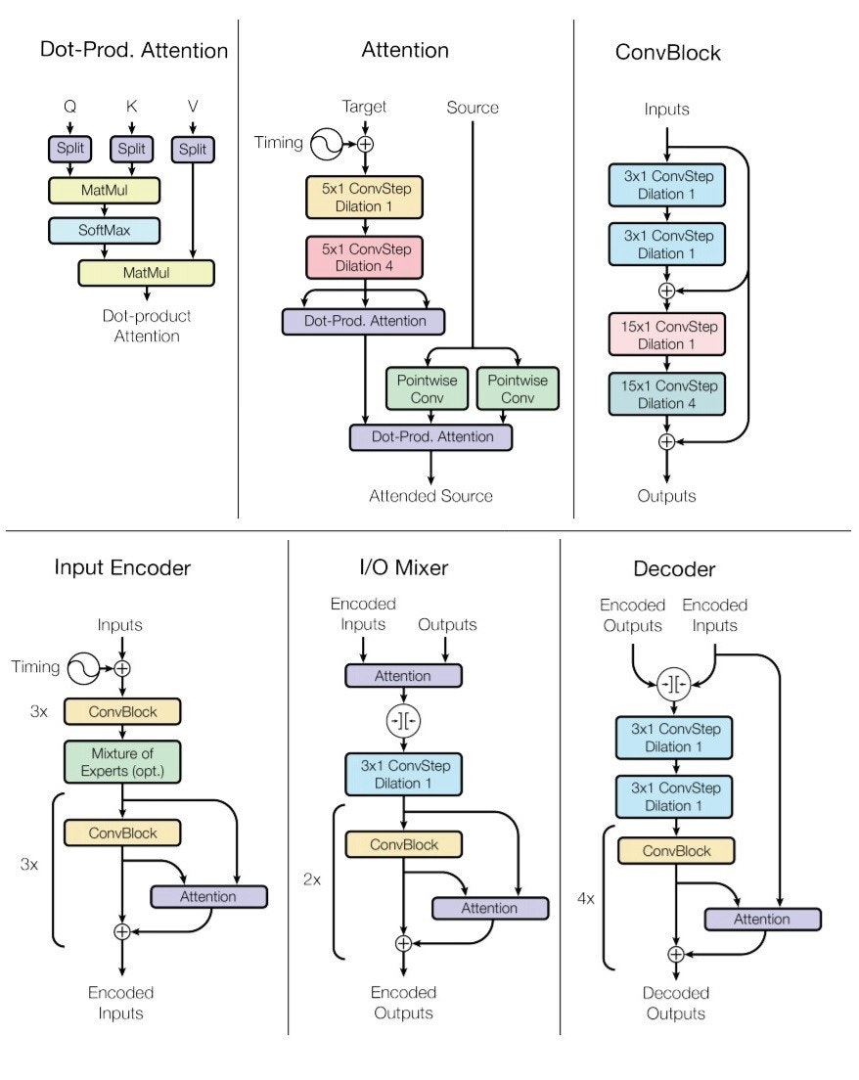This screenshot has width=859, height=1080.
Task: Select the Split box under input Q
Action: (x=69, y=150)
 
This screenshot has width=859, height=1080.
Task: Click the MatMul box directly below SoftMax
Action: (x=146, y=272)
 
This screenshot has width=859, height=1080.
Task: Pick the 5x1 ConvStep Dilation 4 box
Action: (x=365, y=256)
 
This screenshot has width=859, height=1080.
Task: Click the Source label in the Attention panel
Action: (x=473, y=107)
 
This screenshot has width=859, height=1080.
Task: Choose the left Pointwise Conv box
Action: (x=428, y=388)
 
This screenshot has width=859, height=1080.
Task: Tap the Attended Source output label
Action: (x=430, y=496)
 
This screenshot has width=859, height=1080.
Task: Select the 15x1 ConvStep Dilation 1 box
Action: (x=666, y=335)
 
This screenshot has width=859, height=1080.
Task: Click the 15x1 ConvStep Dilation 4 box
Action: (x=666, y=394)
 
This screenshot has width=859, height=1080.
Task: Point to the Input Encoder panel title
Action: (x=122, y=568)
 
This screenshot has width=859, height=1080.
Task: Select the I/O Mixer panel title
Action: (x=403, y=568)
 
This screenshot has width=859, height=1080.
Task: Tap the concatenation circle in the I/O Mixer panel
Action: (x=402, y=721)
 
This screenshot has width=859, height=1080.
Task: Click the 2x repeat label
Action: (x=312, y=879)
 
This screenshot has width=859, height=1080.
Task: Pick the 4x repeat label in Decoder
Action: (x=586, y=897)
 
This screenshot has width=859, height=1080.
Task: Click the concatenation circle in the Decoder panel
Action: (x=675, y=683)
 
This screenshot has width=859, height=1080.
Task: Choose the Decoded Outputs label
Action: (x=675, y=1003)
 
